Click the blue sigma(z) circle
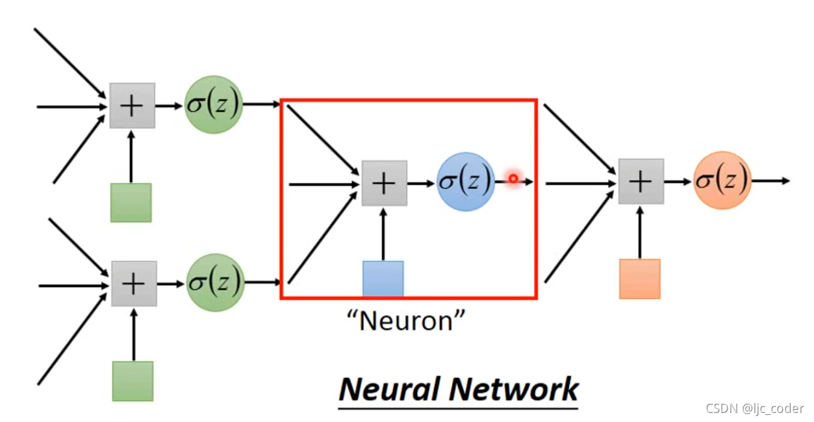pos(465,182)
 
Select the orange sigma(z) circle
pos(722,180)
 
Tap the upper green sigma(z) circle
pos(214,105)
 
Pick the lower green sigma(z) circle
pos(214,282)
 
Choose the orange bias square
pos(639,279)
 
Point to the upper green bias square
pos(131,203)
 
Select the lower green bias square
pos(133,381)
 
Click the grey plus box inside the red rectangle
pos(384,183)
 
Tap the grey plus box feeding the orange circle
pos(641,181)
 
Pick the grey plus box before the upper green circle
pos(132,105)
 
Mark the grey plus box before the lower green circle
pos(134,284)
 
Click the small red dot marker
pos(513,179)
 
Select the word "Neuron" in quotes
pos(407,319)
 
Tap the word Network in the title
pos(513,389)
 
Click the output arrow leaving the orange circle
pos(771,180)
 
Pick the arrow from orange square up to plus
pos(640,232)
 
